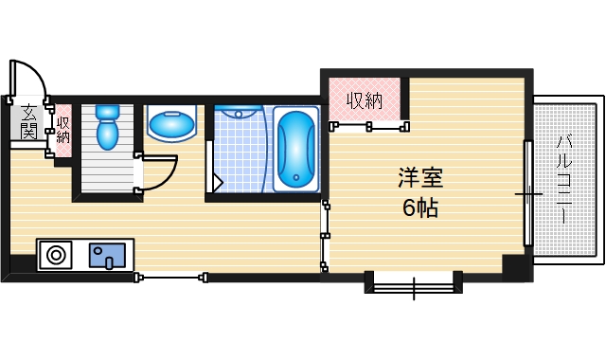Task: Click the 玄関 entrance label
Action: coord(29,121)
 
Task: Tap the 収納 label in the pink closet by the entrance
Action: coord(62,130)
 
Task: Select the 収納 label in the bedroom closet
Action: coord(364,99)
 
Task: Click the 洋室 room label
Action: coord(420,177)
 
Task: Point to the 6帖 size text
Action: coord(420,208)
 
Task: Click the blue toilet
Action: coord(107,128)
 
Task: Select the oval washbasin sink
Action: coord(172,123)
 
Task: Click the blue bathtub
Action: coord(296,149)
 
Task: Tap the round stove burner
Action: coord(57,254)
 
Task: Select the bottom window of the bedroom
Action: coord(414,282)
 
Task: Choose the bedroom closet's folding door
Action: coord(369,123)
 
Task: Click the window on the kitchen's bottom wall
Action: coord(171,277)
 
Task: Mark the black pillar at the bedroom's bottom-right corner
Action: coord(517,268)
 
